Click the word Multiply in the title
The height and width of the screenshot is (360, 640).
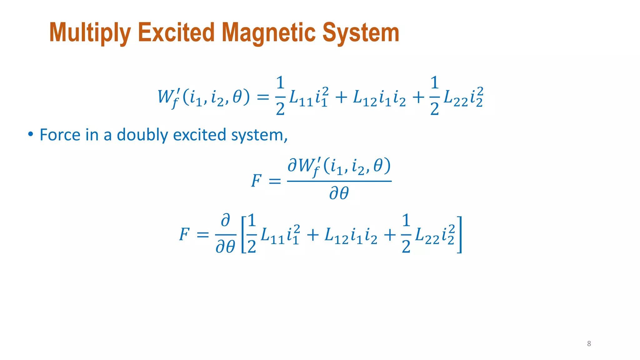click(x=90, y=33)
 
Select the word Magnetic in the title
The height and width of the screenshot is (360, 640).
click(x=268, y=33)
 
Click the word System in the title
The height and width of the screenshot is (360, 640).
click(x=361, y=33)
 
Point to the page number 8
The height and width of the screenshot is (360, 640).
click(x=589, y=344)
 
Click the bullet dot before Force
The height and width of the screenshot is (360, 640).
click(x=30, y=134)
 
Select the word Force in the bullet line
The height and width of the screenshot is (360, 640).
click(x=60, y=135)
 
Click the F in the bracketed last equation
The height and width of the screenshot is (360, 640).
click(x=184, y=234)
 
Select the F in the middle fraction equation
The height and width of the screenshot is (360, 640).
click(x=256, y=181)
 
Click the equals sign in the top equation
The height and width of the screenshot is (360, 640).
click(x=262, y=97)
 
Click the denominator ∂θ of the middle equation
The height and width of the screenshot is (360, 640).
click(x=339, y=193)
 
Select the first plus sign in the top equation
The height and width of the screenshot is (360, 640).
click(x=341, y=97)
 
